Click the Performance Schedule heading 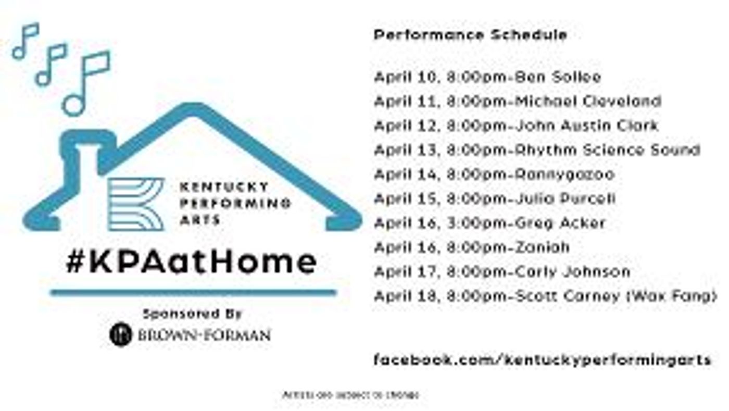[x=470, y=35]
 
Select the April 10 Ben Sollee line [x=487, y=78]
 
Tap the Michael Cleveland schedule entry [x=518, y=101]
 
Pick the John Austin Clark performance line [x=516, y=126]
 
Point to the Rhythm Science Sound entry [x=537, y=150]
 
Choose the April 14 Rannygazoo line [x=494, y=174]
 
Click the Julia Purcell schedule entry [x=495, y=198]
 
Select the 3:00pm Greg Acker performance [x=489, y=223]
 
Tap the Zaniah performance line [x=472, y=247]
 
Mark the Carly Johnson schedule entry [x=502, y=271]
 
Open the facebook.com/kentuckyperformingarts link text [x=542, y=359]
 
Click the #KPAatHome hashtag [x=191, y=262]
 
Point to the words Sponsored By [x=192, y=314]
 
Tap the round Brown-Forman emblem [x=120, y=334]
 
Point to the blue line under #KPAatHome [x=193, y=293]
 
